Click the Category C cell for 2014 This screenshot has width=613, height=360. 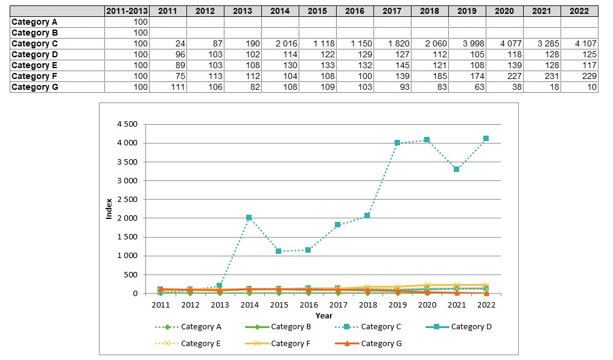click(280, 43)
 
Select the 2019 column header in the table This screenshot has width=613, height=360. click(466, 11)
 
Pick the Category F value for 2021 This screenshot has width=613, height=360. click(541, 76)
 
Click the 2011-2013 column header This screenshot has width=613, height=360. click(127, 11)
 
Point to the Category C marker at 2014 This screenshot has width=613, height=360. click(249, 218)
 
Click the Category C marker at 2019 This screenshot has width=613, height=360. click(398, 143)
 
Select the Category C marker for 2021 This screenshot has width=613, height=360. click(457, 169)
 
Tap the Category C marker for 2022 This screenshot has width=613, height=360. click(486, 139)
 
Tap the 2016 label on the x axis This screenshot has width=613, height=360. click(308, 305)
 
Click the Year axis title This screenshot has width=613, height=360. click(323, 315)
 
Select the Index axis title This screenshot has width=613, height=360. click(109, 209)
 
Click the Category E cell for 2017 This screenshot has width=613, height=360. click(392, 65)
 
